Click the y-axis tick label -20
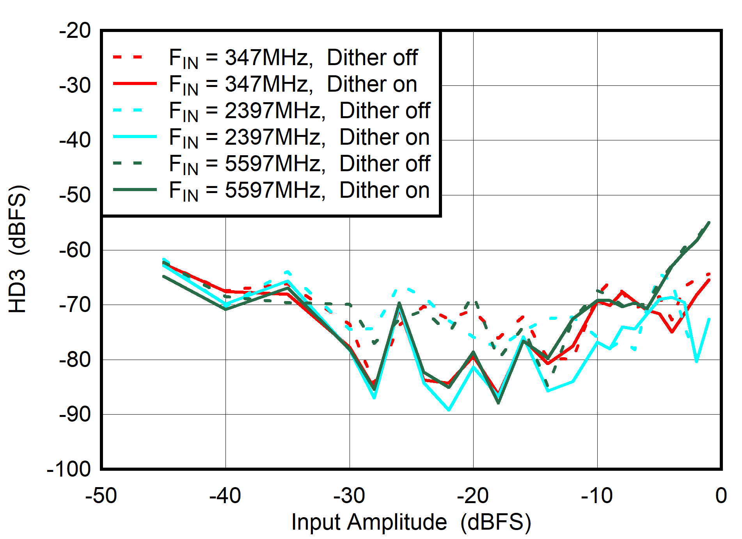pos(75,31)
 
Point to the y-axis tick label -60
pos(75,250)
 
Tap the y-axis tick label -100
pos(69,469)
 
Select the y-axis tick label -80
pos(75,360)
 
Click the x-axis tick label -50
pos(101,496)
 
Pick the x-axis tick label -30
pos(349,496)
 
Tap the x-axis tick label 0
pos(721,496)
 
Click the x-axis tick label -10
pos(597,496)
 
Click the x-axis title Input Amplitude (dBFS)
pos(411,522)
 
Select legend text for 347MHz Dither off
pos(293,58)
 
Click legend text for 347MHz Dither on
pos(293,85)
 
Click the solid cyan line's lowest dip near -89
pos(449,410)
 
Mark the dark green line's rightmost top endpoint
pos(709,222)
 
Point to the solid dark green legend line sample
pos(135,190)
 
